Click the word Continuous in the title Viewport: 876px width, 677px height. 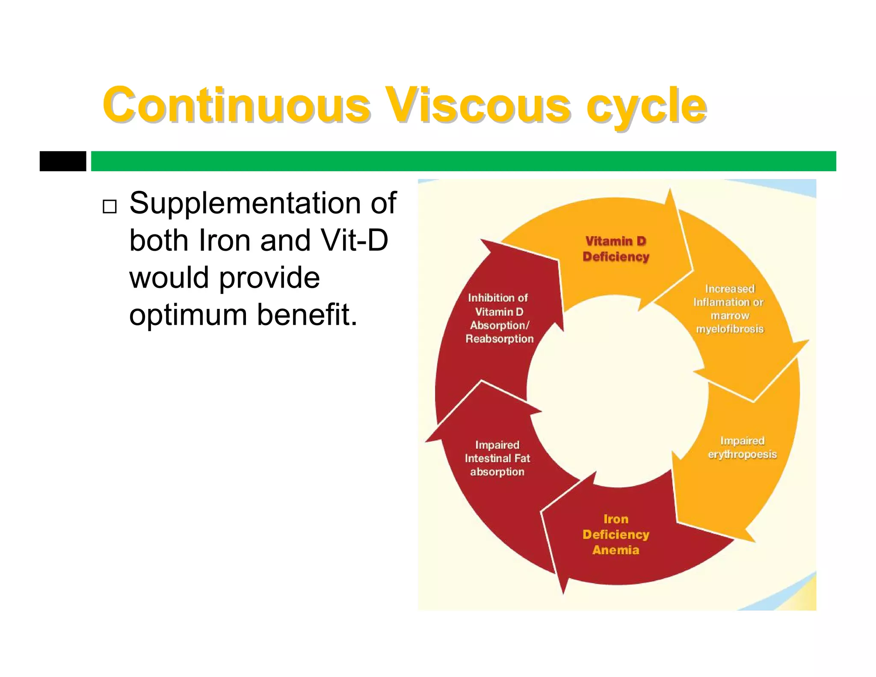(236, 105)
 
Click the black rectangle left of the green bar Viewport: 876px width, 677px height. (63, 161)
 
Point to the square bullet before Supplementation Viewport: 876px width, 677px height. (109, 207)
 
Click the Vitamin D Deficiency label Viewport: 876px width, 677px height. (616, 249)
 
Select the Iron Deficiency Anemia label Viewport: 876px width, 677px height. (616, 534)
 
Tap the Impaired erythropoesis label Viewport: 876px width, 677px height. (742, 447)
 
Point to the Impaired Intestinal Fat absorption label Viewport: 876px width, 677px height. (497, 458)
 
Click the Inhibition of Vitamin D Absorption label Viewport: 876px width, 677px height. (499, 318)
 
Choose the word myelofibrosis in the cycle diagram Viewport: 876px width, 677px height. (730, 329)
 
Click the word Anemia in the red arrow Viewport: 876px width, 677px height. (616, 550)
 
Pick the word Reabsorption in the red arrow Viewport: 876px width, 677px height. (500, 339)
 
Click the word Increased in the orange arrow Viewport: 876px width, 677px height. (730, 289)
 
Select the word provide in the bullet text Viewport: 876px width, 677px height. (269, 278)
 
